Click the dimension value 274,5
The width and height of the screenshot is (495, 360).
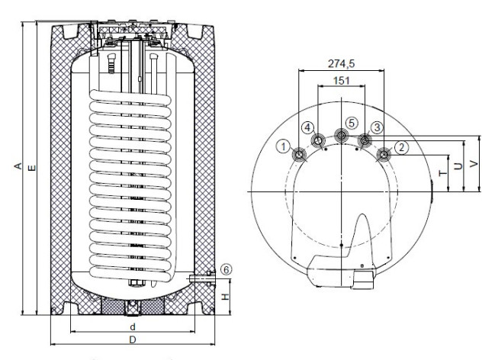pyautogui.click(x=341, y=64)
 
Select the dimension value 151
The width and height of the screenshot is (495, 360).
pyautogui.click(x=342, y=81)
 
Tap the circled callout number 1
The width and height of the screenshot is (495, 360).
pyautogui.click(x=284, y=146)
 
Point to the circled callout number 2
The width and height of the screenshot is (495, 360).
pyautogui.click(x=401, y=147)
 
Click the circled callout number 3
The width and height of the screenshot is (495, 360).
pyautogui.click(x=377, y=127)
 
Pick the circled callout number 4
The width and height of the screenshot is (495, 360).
pyautogui.click(x=308, y=127)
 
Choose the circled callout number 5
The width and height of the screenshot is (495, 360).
pyautogui.click(x=352, y=123)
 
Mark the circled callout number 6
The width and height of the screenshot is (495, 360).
pyautogui.click(x=226, y=269)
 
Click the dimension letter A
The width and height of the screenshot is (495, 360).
pyautogui.click(x=18, y=166)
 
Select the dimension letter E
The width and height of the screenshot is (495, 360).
pyautogui.click(x=32, y=168)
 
